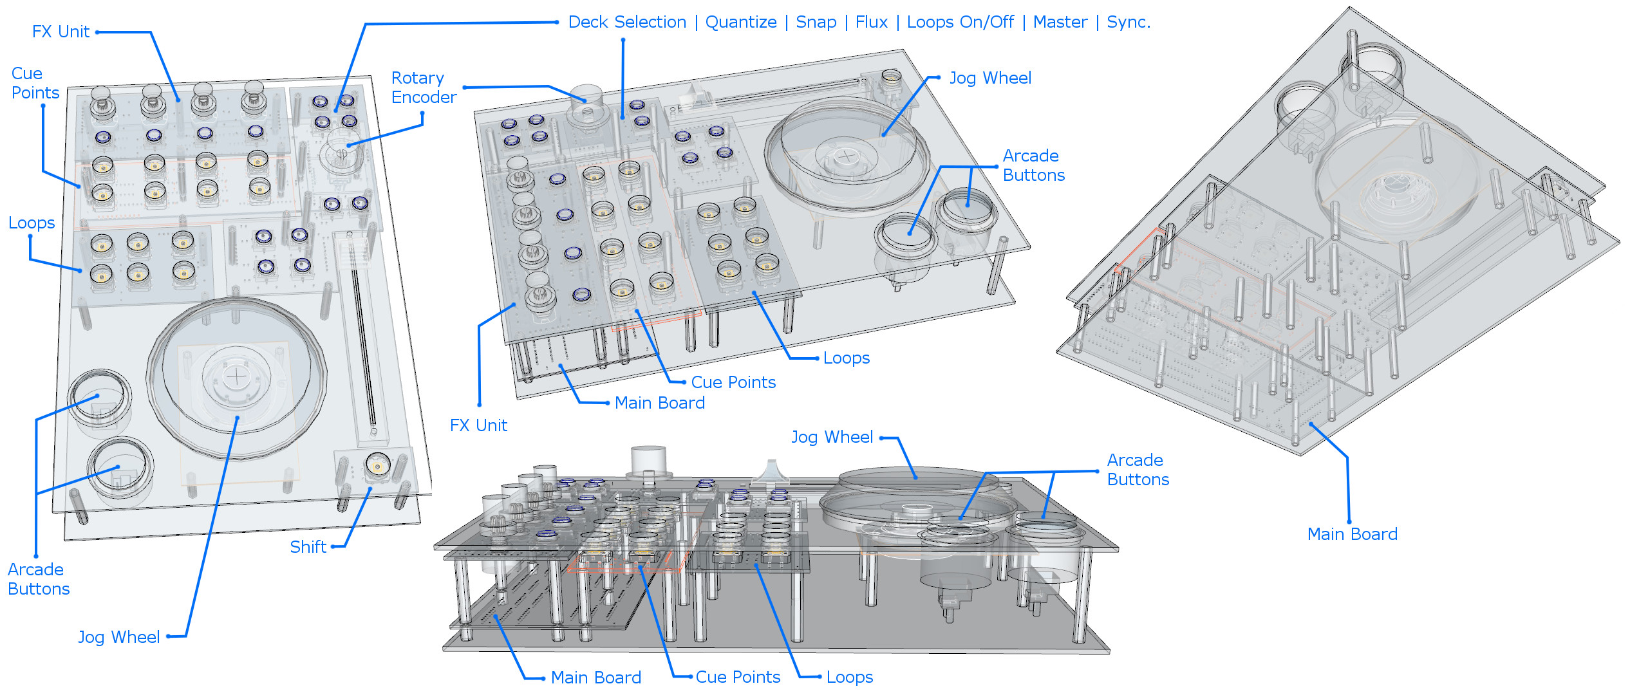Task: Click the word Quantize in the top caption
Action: click(741, 23)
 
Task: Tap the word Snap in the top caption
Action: click(816, 23)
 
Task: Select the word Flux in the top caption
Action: click(871, 23)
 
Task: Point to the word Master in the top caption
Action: click(1060, 23)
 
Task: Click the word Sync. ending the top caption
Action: click(1128, 23)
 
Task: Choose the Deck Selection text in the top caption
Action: click(627, 23)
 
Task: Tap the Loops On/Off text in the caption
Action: click(960, 23)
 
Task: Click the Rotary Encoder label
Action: click(423, 88)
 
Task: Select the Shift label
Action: click(308, 547)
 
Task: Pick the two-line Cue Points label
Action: click(35, 83)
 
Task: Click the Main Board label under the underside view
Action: click(1352, 534)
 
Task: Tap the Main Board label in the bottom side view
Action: click(595, 678)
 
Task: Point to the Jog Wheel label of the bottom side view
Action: click(832, 438)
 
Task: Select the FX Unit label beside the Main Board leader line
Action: click(478, 425)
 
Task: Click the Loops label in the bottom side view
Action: click(849, 678)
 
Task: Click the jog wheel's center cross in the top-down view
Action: click(237, 376)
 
